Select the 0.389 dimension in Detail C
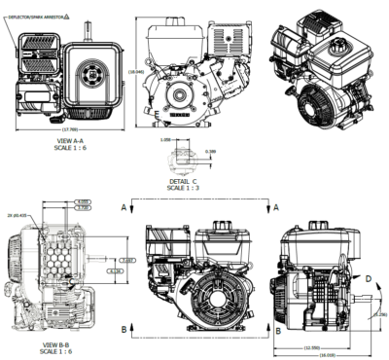coord(211,151)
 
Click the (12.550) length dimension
coord(312,346)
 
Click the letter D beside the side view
coord(367,279)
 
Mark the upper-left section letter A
coord(125,208)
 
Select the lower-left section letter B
coord(125,329)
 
